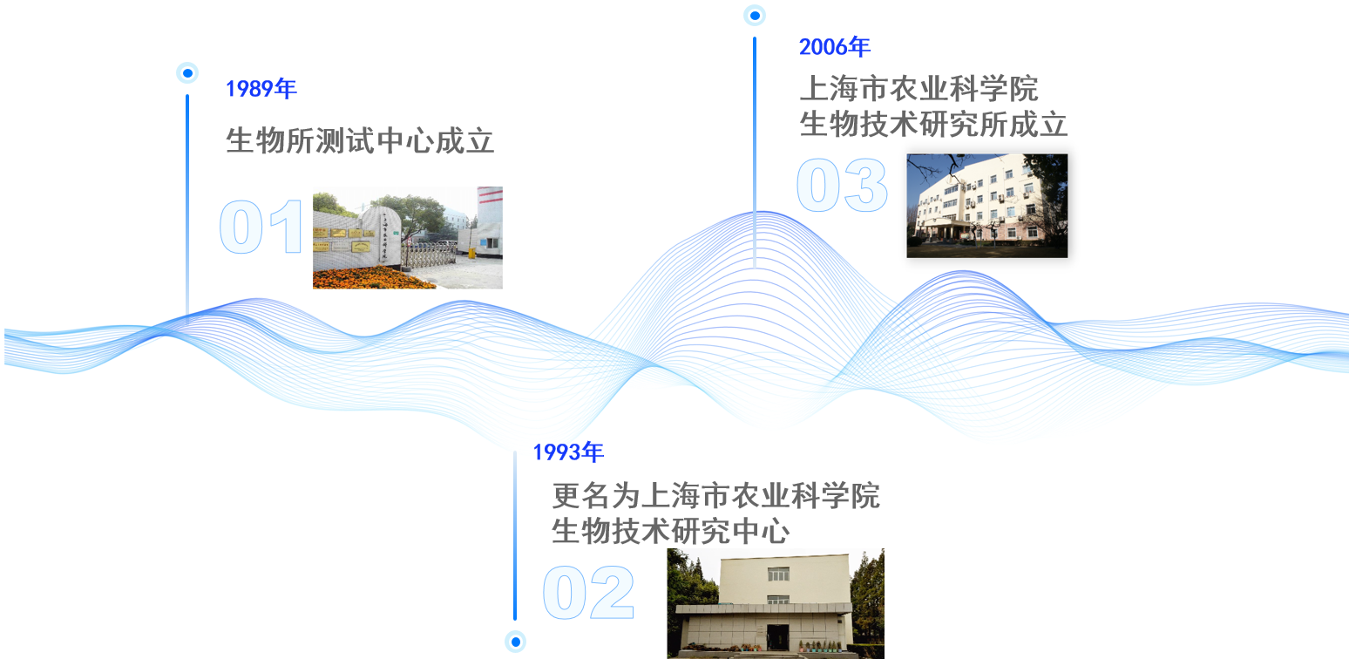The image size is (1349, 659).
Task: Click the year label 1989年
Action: pyautogui.click(x=261, y=89)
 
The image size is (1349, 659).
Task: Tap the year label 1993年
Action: pyautogui.click(x=567, y=452)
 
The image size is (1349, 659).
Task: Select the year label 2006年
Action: pyautogui.click(x=834, y=47)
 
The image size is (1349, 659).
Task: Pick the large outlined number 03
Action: pyautogui.click(x=842, y=186)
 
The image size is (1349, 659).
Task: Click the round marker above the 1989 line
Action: pyautogui.click(x=187, y=73)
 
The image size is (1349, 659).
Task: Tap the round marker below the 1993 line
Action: pyautogui.click(x=515, y=642)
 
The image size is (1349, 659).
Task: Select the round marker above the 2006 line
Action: pyautogui.click(x=755, y=15)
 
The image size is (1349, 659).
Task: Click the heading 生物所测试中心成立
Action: pyautogui.click(x=360, y=140)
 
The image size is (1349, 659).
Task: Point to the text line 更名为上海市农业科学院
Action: pyautogui.click(x=715, y=495)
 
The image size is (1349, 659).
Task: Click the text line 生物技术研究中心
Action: pyautogui.click(x=670, y=531)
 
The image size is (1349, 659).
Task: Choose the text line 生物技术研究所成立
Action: pyautogui.click(x=933, y=125)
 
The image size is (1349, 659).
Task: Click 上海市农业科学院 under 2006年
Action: pyautogui.click(x=919, y=89)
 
